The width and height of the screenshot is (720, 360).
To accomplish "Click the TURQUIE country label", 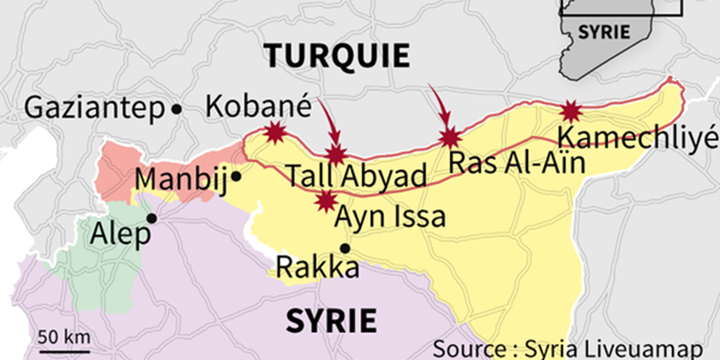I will coord(336,56).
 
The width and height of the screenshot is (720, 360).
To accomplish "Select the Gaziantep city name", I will coord(95,108).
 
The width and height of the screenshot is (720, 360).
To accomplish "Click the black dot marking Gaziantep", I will coord(177,109).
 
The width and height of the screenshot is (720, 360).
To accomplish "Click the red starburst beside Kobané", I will coord(274,133).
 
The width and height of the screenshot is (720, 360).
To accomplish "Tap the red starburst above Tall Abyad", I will coord(335,154).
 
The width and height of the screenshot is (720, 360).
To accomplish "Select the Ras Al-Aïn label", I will coord(516,163).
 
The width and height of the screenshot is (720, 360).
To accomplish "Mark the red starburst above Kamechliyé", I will coord(571,111).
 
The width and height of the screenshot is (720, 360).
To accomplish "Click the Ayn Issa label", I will coord(389,216).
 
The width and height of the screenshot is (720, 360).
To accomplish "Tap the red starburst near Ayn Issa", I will coord(326,201).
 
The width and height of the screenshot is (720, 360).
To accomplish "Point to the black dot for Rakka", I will coord(345,249).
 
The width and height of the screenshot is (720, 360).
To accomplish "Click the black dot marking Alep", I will coord(152,218).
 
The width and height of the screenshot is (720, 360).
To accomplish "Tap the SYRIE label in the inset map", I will coord(604,33).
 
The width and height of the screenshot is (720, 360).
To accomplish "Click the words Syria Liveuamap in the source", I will coord(613,348).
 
